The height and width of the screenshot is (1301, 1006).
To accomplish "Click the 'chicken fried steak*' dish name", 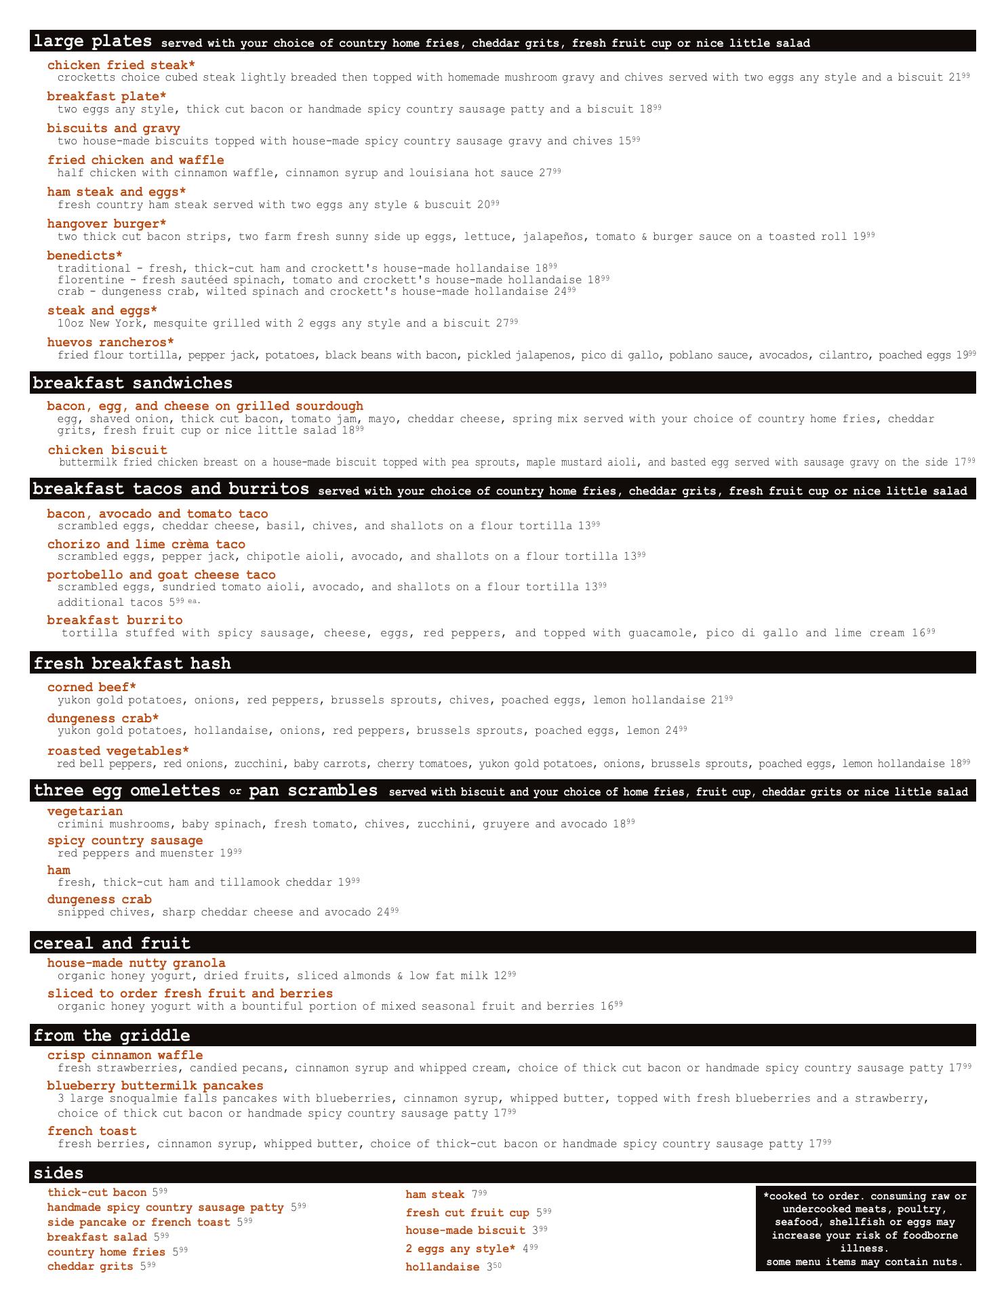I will point(121,65).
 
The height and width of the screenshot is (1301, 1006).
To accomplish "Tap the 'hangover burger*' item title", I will point(106,224).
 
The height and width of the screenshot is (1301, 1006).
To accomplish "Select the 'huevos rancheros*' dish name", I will point(110,342).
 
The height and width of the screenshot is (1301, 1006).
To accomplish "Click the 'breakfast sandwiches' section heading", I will point(133,384).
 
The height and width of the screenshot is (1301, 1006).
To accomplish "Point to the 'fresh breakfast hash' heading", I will point(132,663).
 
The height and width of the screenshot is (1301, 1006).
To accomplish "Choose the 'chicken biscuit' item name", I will point(107,450).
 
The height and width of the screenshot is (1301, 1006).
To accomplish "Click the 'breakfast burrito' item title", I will point(115,620).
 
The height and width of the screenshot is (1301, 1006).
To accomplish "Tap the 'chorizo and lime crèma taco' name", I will point(146,544).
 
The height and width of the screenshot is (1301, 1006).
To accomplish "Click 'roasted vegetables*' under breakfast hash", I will point(118,751).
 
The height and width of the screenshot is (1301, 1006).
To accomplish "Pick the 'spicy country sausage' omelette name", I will point(125,841).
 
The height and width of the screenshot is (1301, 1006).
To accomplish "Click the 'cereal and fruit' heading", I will point(112,943).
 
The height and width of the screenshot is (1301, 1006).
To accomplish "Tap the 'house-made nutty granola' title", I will point(136,963).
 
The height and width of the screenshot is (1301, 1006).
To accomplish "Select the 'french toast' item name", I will point(92,1131).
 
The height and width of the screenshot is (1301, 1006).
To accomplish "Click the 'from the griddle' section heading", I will point(112,1035).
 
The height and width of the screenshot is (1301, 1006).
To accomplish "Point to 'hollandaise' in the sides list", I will point(442,1267).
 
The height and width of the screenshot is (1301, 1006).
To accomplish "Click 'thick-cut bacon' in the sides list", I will point(97,1193).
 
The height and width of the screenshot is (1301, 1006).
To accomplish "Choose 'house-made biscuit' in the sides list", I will point(465,1231).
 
